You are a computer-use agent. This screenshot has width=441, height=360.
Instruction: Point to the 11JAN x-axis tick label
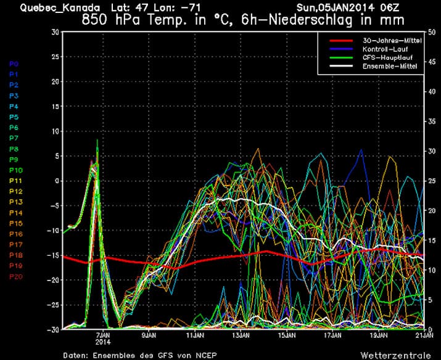195,336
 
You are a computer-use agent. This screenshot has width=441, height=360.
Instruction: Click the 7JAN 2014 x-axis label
102,339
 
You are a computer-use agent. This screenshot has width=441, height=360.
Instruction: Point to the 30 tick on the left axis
55,31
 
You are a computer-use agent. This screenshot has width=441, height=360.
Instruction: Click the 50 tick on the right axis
433,31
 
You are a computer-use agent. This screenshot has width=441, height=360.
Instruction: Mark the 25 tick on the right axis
433,181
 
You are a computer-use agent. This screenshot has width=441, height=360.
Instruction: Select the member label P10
16,170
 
